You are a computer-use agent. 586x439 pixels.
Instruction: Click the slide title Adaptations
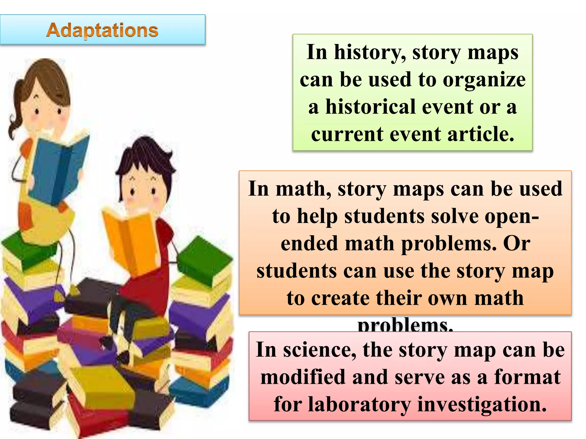click(102, 30)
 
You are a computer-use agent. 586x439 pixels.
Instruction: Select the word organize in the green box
click(484, 80)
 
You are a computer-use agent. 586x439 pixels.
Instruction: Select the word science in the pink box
click(319, 350)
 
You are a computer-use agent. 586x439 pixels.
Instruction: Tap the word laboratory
click(359, 405)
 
